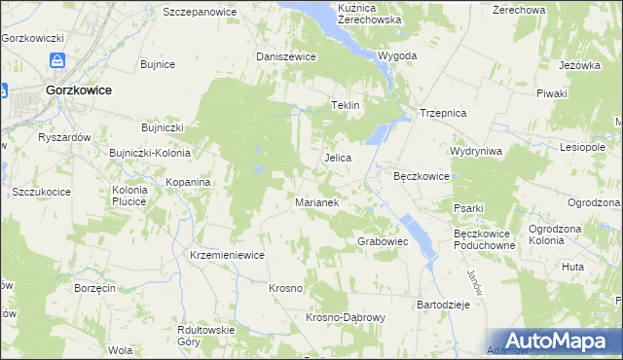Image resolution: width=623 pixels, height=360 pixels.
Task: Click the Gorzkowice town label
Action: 78,90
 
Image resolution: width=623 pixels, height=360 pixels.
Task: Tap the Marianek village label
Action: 316,203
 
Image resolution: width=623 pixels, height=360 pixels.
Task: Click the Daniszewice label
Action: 286,56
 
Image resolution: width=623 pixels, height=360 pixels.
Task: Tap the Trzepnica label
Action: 444,113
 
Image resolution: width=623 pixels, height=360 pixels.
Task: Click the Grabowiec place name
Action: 383,240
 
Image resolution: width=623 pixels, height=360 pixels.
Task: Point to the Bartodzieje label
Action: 444,305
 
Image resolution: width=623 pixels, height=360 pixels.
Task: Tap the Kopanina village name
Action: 188,182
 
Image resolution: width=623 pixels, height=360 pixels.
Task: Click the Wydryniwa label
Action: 475,152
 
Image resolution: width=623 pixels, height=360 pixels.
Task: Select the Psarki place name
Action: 468,207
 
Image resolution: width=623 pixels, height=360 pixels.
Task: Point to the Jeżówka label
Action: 578,65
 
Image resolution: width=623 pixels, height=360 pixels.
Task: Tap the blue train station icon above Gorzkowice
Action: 58,60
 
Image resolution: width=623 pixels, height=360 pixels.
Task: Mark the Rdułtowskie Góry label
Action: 206,336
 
